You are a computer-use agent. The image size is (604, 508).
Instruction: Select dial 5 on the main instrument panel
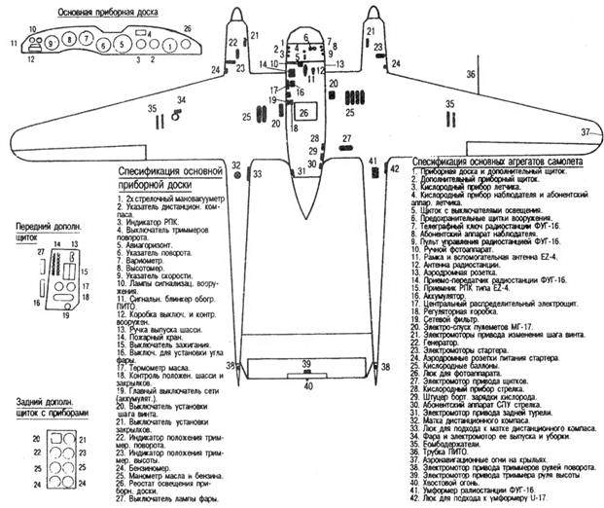click(x=120, y=45)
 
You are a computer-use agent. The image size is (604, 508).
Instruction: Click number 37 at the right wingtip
click(x=586, y=131)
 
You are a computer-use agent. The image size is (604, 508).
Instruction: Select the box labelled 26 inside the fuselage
click(x=304, y=113)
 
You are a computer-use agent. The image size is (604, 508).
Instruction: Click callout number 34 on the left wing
click(x=181, y=99)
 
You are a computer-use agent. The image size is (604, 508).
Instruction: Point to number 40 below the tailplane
click(x=308, y=385)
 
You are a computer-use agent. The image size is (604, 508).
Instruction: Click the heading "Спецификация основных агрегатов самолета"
click(x=498, y=162)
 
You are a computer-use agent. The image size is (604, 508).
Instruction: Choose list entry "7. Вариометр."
click(x=142, y=260)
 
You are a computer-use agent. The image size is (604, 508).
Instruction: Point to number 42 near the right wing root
click(x=394, y=168)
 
